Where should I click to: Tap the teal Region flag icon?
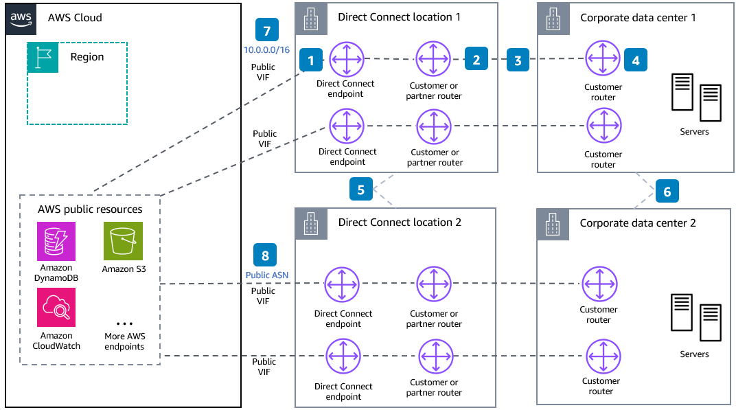tap(43, 58)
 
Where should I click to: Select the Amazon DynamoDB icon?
tap(55, 240)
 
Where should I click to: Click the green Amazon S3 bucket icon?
tap(124, 240)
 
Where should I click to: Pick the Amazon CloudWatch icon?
tap(55, 307)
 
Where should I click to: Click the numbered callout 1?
tap(311, 61)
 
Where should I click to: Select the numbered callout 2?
tap(476, 60)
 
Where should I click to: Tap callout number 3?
tap(518, 60)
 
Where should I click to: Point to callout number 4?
tap(636, 60)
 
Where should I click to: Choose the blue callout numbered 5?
tap(361, 190)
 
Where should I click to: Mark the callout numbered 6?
tap(667, 191)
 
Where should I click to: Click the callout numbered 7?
tap(266, 31)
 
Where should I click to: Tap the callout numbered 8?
tap(265, 255)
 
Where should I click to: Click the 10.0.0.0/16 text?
tap(266, 50)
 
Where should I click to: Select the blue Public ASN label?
tap(267, 275)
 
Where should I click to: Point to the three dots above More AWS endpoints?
tap(124, 323)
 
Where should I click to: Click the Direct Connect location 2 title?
tap(400, 222)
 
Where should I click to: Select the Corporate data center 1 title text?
tap(638, 17)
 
